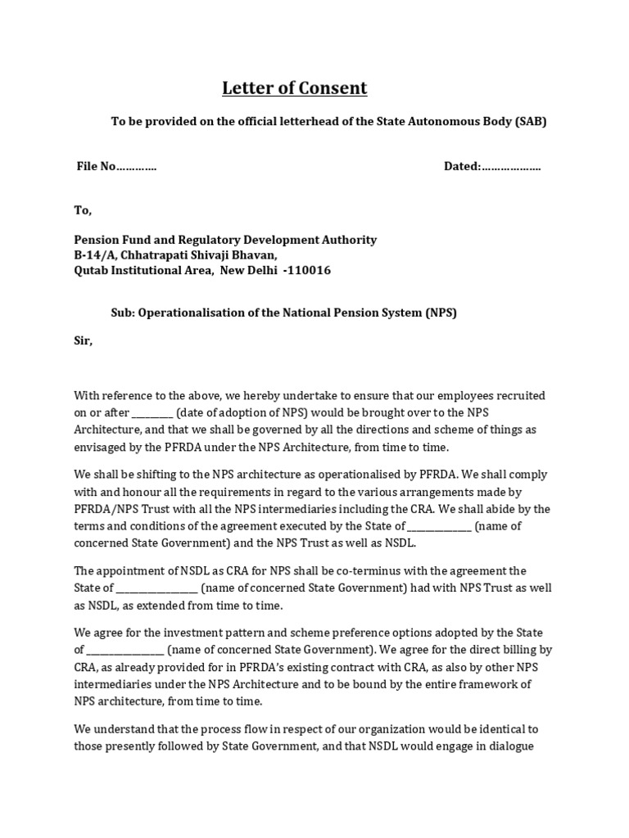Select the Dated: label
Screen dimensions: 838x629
462,166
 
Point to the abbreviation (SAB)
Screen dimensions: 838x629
530,122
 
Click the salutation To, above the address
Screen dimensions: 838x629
84,210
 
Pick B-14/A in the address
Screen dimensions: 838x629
95,255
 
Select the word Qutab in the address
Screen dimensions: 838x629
91,270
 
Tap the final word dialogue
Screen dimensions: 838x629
510,746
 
